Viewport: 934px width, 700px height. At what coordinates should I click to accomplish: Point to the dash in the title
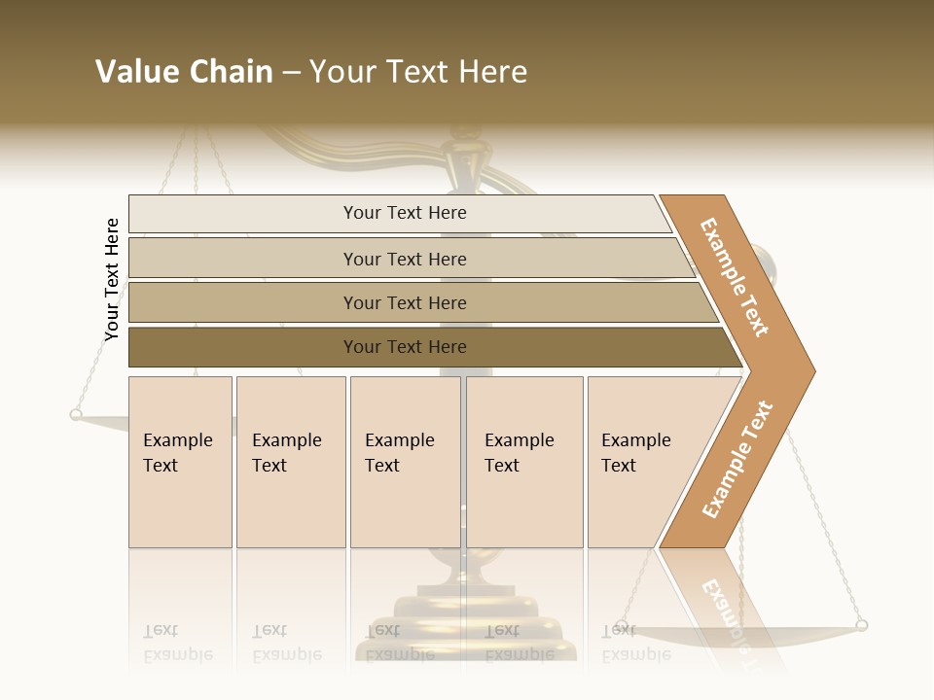[291, 73]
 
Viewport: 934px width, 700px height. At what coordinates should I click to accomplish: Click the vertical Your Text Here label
[112, 279]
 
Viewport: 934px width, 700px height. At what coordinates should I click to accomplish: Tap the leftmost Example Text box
[180, 462]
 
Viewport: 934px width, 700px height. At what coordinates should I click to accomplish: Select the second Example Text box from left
[291, 462]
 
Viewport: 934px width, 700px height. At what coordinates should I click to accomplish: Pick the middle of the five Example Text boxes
[405, 462]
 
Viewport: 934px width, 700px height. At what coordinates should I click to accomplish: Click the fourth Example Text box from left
[524, 462]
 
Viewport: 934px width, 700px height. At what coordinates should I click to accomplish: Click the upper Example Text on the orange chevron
[735, 277]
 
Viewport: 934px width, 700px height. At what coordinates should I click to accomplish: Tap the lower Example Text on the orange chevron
[737, 459]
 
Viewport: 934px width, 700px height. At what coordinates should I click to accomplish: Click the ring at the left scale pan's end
[76, 415]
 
